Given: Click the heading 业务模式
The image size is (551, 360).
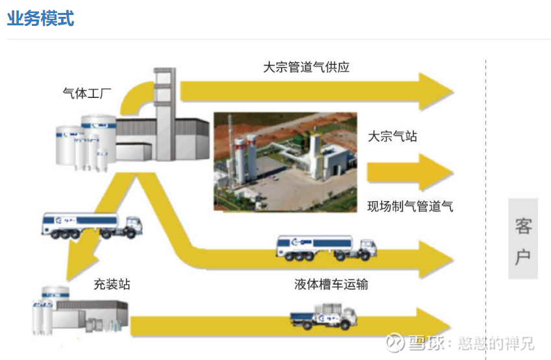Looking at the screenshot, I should point(40,18).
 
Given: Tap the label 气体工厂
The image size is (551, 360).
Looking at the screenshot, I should point(86,93).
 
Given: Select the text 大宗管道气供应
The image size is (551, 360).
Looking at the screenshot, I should point(306,67).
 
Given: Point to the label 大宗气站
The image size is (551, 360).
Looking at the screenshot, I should point(393,136).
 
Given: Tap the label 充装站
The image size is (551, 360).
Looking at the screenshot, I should point(112,284).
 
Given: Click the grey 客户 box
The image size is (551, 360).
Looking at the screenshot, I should point(523,239).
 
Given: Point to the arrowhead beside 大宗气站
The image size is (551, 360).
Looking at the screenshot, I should point(436,172).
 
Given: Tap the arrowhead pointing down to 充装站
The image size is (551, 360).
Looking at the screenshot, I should point(79,263).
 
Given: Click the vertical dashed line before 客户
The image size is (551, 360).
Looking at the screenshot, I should point(485,195).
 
